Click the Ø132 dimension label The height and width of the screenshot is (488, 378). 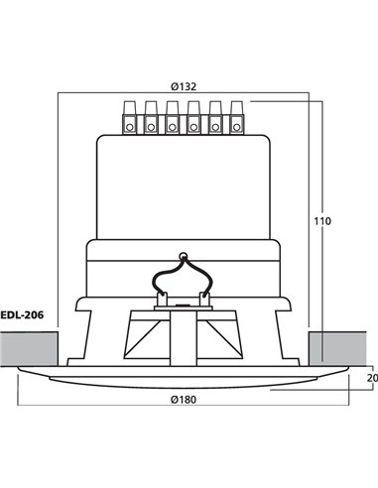pyautogui.click(x=184, y=84)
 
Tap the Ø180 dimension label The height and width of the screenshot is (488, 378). pyautogui.click(x=184, y=399)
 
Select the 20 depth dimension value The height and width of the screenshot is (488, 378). pyautogui.click(x=371, y=378)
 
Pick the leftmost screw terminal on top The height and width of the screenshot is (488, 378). pyautogui.click(x=128, y=117)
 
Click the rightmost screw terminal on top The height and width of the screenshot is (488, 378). pyautogui.click(x=238, y=117)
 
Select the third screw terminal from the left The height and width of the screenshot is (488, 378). pyautogui.click(x=172, y=117)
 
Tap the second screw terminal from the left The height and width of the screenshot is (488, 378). pyautogui.click(x=150, y=117)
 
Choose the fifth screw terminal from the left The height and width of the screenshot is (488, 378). pyautogui.click(x=216, y=117)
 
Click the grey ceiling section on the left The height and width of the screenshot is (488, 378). pyautogui.click(x=28, y=347)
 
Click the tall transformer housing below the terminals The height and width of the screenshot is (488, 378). pyautogui.click(x=184, y=183)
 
